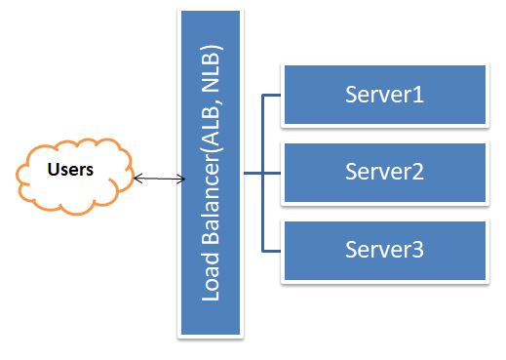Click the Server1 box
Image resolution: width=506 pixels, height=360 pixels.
384,96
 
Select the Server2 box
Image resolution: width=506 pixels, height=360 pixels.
384,173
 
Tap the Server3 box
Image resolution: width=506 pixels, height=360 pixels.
384,250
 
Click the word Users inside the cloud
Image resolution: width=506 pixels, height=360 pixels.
70,170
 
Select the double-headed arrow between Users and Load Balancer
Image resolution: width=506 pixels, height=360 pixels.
159,179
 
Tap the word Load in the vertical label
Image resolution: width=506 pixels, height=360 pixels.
210,278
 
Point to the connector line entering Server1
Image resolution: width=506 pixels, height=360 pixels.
272,97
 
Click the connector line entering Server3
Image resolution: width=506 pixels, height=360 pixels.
272,250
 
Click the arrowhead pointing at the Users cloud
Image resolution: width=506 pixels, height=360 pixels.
137,179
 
